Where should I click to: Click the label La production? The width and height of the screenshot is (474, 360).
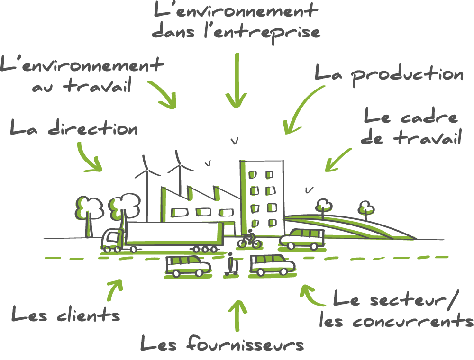click(389, 75)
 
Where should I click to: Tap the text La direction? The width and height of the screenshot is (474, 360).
click(74, 128)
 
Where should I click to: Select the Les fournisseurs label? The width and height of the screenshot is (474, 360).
click(222, 343)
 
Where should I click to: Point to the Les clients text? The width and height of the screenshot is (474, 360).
click(66, 314)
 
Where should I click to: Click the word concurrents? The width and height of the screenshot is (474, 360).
click(396, 322)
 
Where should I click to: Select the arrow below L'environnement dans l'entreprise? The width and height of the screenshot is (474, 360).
click(236, 81)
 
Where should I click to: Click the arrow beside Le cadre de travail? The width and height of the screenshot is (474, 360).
click(338, 159)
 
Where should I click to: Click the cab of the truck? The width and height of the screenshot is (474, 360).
click(112, 239)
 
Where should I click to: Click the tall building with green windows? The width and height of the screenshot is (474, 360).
click(263, 197)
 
